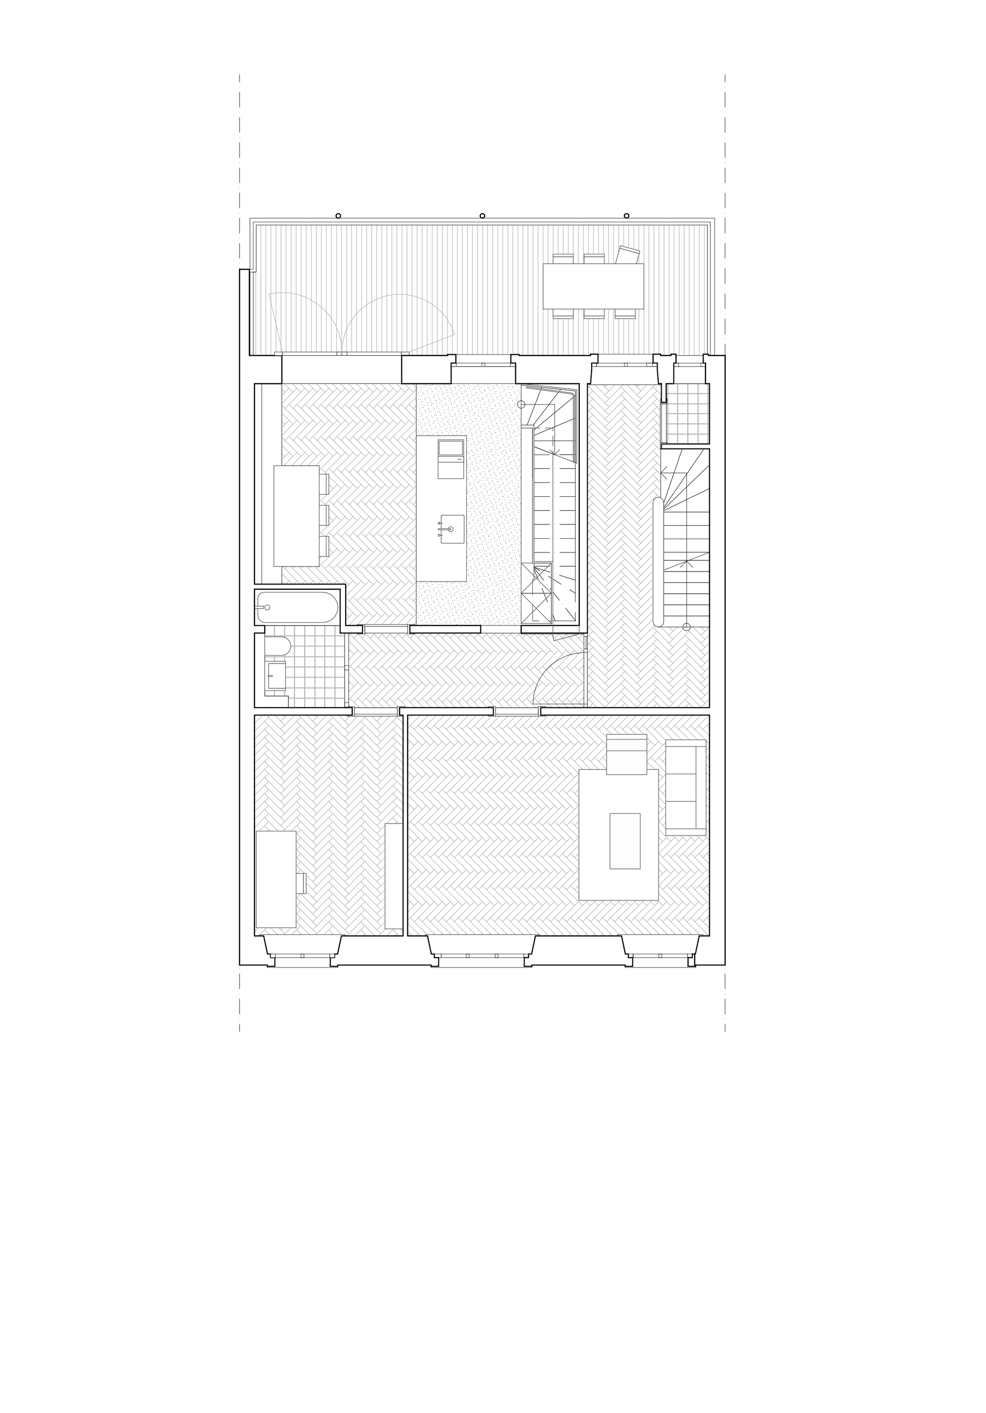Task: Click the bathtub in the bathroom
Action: point(298,607)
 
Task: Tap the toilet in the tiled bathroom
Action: point(278,646)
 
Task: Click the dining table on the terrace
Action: point(593,286)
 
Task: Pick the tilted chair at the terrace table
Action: point(629,254)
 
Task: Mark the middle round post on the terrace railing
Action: point(482,216)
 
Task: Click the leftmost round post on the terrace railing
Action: point(338,216)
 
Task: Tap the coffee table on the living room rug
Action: point(625,841)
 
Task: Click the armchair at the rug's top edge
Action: point(627,755)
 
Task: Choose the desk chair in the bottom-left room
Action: point(301,883)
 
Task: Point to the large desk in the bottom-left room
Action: point(276,879)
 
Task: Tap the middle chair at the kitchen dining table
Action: point(324,515)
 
